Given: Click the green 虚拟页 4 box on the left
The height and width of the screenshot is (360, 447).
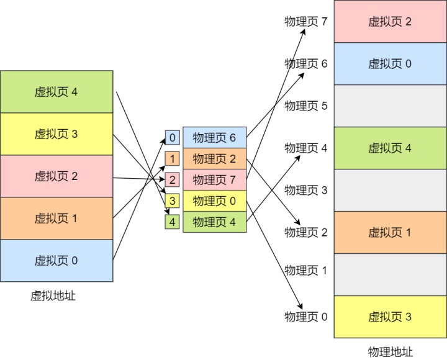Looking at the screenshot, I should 56,92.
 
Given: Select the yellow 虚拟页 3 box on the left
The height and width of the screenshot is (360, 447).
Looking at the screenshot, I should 56,134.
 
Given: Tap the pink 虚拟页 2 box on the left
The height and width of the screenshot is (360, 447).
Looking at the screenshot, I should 56,176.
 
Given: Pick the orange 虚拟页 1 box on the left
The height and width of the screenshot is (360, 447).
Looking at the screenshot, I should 56,218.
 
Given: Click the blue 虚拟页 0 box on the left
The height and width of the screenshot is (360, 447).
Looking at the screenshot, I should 56,261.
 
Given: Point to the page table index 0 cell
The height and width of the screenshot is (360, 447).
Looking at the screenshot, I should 172,138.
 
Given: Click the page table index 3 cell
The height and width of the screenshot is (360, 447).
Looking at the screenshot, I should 172,201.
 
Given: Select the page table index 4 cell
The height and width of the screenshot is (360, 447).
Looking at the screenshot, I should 172,222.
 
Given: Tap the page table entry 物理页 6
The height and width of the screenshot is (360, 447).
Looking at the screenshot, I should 214,138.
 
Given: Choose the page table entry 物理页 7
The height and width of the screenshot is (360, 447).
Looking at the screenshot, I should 214,180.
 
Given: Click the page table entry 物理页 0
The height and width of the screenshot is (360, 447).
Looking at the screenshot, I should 214,201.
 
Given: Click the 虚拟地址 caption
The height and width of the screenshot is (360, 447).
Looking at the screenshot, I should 53,296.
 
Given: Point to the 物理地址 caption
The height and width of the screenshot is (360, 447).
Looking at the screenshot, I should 390,351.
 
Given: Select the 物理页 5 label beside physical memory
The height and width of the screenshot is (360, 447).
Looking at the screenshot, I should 305,106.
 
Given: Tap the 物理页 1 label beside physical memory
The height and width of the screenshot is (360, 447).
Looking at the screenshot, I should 305,271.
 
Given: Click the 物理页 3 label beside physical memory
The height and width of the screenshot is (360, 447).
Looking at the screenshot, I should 305,190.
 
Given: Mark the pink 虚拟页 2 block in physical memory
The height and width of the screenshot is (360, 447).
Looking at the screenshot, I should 390,22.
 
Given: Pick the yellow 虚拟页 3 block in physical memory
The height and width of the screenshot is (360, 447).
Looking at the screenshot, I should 390,317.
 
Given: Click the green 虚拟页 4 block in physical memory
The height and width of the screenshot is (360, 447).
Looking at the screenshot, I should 390,148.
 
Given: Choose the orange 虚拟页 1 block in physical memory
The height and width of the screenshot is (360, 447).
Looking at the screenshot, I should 390,233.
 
